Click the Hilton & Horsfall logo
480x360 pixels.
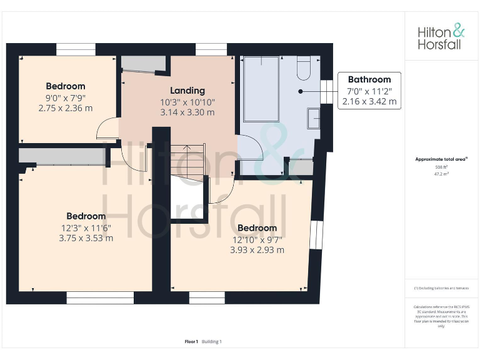[441, 37]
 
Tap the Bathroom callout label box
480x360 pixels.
[369, 91]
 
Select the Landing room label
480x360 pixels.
[187, 91]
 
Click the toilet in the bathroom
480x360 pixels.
[303, 68]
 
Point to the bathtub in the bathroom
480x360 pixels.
[261, 89]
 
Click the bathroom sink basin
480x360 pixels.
[314, 117]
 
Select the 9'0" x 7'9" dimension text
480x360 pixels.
[65, 97]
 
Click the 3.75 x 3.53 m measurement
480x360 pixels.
[86, 237]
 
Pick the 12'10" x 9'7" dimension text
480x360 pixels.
[257, 239]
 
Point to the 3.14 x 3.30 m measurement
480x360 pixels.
[187, 112]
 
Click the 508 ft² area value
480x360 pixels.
[442, 167]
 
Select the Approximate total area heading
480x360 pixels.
[441, 159]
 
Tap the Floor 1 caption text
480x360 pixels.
[191, 341]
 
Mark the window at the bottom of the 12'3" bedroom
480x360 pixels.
[100, 299]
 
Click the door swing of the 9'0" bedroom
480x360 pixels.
[106, 128]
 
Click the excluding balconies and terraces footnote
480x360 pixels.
[441, 288]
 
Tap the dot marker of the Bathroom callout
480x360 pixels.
[301, 91]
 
